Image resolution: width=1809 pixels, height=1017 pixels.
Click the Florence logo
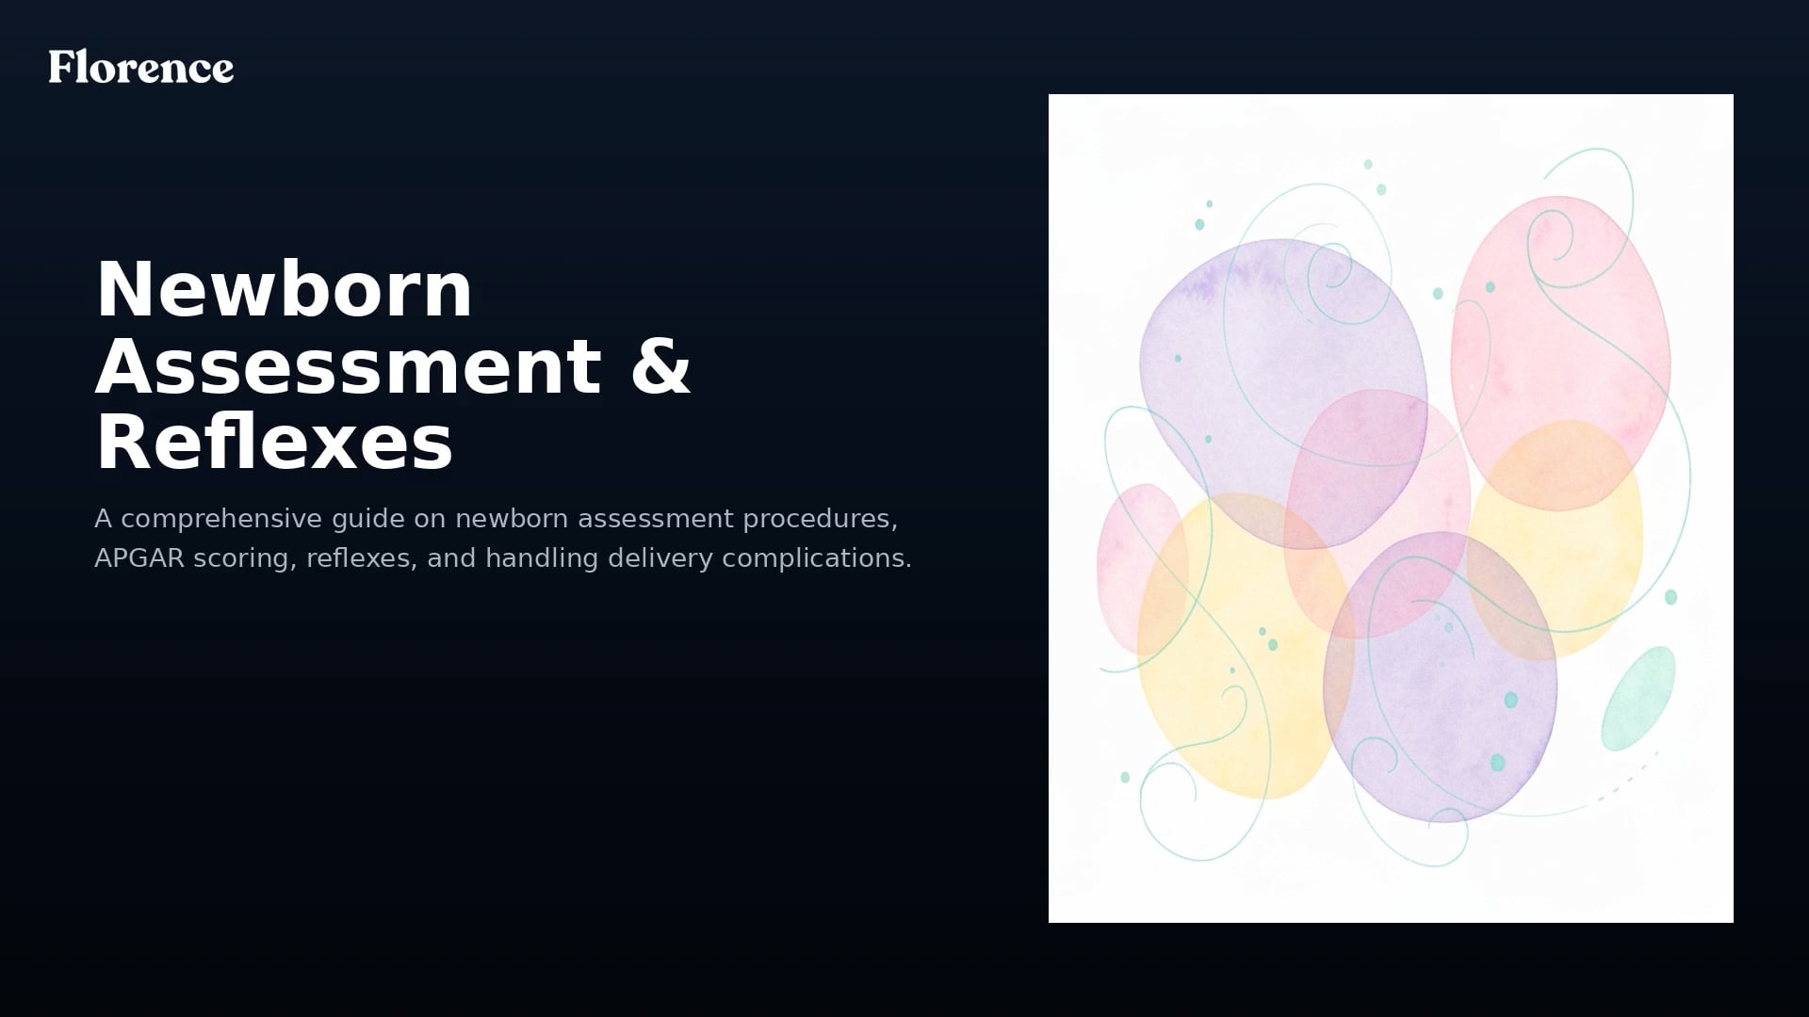click(x=141, y=67)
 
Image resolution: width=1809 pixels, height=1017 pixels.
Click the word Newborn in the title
click(x=284, y=289)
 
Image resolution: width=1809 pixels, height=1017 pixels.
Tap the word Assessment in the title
click(x=348, y=366)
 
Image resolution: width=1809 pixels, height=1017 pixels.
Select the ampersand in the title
click(x=660, y=366)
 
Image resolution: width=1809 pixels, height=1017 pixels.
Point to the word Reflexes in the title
click(x=274, y=443)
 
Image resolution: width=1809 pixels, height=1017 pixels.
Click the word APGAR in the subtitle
click(x=139, y=558)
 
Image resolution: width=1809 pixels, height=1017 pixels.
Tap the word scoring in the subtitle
click(x=246, y=559)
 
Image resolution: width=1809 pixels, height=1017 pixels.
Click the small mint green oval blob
click(x=1639, y=698)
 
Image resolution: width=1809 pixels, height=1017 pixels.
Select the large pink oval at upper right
click(x=1560, y=353)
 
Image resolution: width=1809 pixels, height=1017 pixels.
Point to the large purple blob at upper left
click(x=1283, y=394)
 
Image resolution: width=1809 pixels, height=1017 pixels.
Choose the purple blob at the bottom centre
click(x=1440, y=677)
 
